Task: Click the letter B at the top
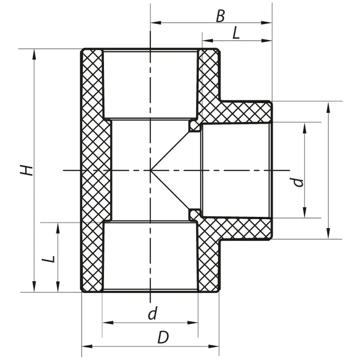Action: click(x=220, y=16)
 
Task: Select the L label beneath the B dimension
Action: click(x=236, y=33)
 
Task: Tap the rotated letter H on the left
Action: click(x=26, y=170)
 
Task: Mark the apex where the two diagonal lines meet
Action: click(x=151, y=171)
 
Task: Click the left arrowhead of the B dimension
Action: click(x=154, y=23)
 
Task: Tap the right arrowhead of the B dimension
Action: click(x=268, y=23)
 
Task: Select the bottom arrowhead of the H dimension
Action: click(x=34, y=288)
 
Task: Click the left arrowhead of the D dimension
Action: click(x=85, y=346)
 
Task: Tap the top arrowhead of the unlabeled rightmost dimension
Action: click(x=328, y=105)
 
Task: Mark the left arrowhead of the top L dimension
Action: click(x=206, y=40)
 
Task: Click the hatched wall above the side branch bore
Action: click(x=246, y=112)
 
